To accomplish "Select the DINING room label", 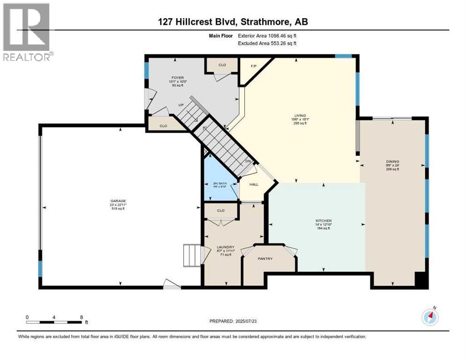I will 393,161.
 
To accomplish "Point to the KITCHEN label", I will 323,220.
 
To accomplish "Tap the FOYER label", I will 178,77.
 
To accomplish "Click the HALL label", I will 254,184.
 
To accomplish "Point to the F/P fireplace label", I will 249,66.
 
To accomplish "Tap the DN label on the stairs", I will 248,162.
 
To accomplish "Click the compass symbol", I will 430,317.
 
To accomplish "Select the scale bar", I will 55,322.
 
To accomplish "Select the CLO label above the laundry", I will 221,210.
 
